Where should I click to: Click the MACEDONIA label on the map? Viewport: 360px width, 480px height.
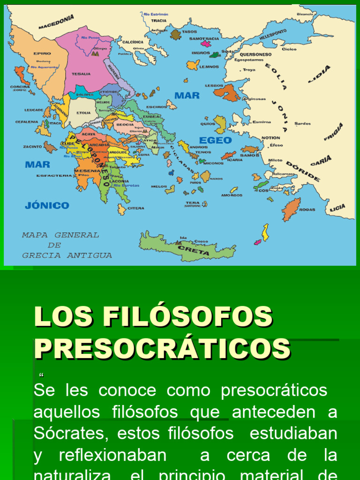coord(56,22)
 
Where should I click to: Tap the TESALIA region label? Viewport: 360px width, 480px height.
coord(81,74)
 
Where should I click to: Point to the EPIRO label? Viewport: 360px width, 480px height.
coord(42,53)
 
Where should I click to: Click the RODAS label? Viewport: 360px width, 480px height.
coord(307,210)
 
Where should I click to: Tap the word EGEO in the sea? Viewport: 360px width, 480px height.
coord(215,140)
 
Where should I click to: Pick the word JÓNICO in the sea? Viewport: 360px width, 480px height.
coord(47,205)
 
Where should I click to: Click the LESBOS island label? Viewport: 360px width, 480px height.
coord(214,86)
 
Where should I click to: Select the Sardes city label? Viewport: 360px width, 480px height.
coord(302,124)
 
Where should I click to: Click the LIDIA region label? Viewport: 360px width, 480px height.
coord(319,74)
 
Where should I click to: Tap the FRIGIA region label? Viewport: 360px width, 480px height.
coord(333,132)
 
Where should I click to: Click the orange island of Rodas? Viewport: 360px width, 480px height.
coord(291,209)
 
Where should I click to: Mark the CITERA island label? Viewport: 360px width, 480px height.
coord(136,208)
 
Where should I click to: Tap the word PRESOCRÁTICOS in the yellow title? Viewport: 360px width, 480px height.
coord(162,349)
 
